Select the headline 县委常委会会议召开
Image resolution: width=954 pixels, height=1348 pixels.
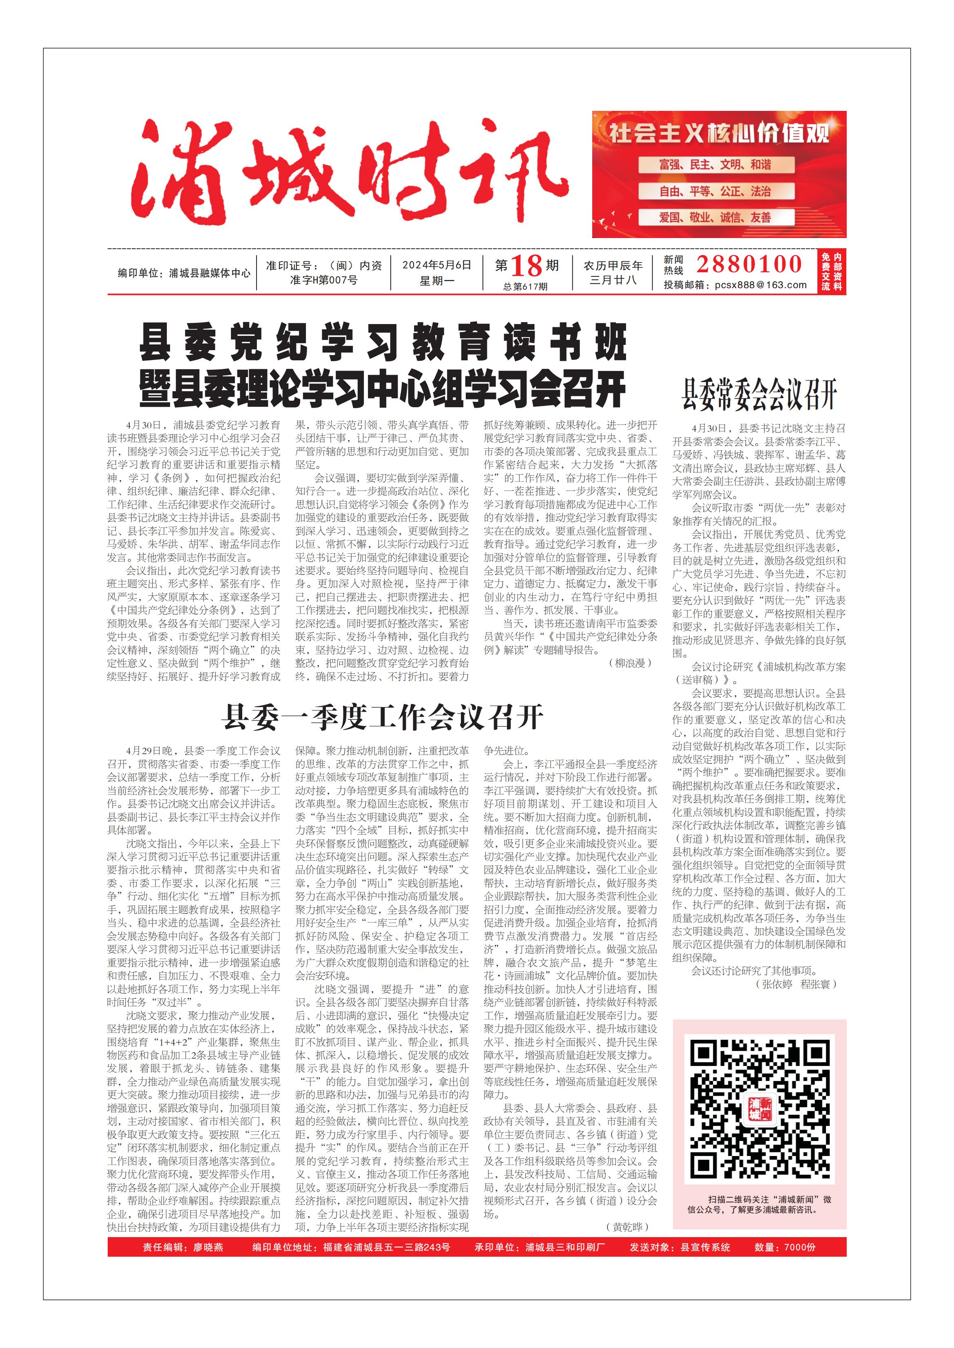point(759,395)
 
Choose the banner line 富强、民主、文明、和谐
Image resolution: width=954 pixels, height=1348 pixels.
point(715,165)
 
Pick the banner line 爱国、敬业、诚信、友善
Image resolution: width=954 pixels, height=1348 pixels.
point(715,218)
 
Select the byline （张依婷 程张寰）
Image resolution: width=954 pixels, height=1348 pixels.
point(796,984)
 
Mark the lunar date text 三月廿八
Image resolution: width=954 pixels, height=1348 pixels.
point(613,280)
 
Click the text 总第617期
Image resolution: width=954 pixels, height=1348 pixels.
point(525,287)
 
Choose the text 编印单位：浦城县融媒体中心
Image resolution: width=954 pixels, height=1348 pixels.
point(184,273)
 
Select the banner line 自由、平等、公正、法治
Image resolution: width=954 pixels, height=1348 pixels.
point(715,192)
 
